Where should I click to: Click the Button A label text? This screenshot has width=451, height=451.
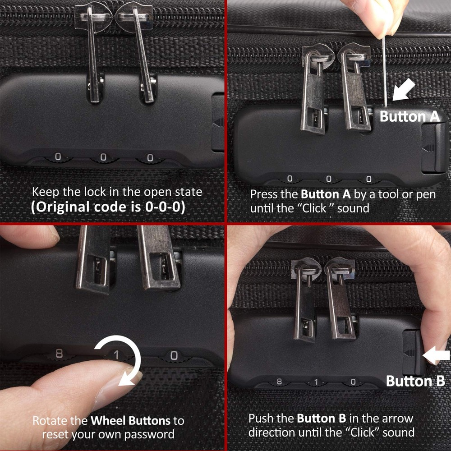[409, 116]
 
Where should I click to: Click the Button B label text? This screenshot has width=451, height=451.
[415, 381]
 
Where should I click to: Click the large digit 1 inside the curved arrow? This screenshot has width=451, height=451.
[115, 355]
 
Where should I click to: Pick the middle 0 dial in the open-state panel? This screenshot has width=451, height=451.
[103, 158]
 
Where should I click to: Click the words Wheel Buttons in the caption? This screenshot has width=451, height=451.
[131, 421]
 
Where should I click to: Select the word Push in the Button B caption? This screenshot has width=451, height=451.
[261, 418]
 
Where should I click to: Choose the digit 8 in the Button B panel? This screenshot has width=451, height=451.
[279, 382]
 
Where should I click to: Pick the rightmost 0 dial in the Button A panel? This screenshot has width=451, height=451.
[368, 179]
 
